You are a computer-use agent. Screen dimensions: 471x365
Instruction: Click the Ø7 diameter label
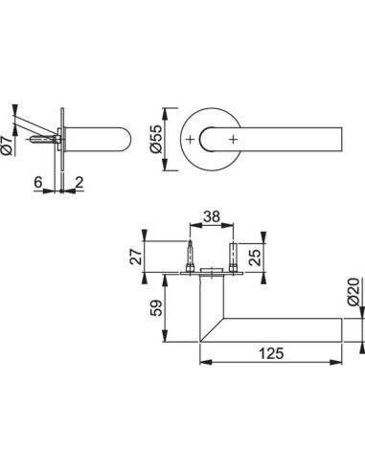coord(8,145)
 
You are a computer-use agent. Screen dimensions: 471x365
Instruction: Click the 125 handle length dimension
coord(270,354)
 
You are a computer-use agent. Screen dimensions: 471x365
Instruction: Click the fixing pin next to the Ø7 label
coord(44,140)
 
